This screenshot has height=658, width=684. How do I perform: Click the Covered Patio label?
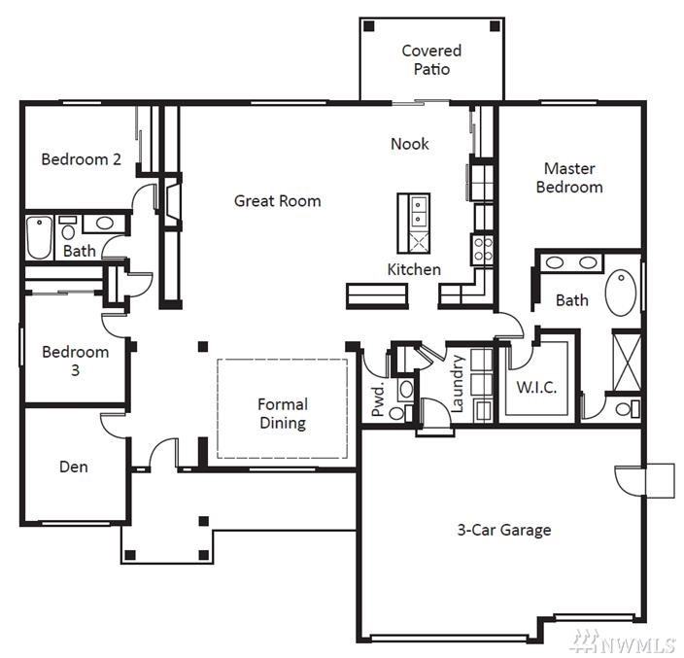click(431, 60)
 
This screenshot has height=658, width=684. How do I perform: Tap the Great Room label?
click(278, 201)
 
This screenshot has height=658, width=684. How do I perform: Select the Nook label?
click(410, 144)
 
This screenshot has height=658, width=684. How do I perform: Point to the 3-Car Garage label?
click(504, 530)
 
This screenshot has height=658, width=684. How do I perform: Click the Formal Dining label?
click(283, 414)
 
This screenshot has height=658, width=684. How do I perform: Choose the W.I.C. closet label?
click(536, 388)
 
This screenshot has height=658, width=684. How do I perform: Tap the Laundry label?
click(457, 384)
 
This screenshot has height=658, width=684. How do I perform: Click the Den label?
click(73, 467)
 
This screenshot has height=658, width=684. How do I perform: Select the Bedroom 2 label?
click(82, 159)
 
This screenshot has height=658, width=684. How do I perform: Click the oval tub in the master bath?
click(621, 293)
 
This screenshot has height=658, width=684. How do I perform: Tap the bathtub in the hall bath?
click(39, 237)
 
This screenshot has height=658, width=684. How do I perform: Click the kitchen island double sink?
click(419, 211)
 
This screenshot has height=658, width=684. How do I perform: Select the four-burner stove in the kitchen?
click(483, 249)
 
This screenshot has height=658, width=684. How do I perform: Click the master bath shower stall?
click(627, 363)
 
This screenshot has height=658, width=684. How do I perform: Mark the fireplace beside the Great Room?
click(172, 201)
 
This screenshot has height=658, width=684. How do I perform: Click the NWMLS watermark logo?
click(624, 641)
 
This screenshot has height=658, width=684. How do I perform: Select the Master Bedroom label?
click(569, 178)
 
